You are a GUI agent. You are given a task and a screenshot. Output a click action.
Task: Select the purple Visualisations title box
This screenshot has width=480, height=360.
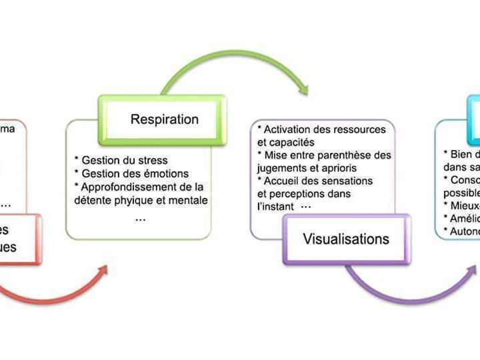coord(346,239)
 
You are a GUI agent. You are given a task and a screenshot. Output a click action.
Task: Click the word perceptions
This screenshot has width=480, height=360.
coord(295,193)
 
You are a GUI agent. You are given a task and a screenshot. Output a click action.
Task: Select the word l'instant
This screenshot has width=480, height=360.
coord(275,207)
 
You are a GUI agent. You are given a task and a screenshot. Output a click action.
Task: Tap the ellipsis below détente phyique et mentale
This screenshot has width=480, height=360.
coord(140,218)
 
